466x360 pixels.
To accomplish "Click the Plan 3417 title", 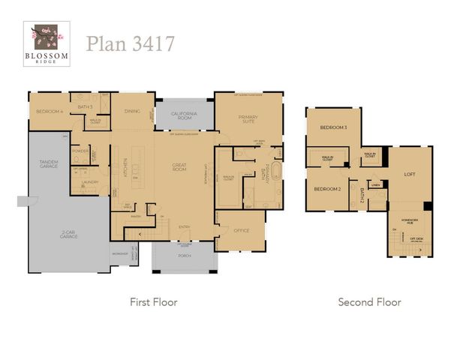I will (x=131, y=43).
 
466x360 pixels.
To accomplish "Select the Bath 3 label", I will (x=85, y=106).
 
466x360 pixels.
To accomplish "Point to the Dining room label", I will (x=132, y=111).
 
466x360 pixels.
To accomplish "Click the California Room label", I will (x=183, y=115).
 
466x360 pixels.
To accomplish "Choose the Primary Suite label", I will (x=248, y=119).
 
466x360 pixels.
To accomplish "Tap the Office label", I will (x=241, y=230).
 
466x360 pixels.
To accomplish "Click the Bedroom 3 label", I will (x=333, y=127).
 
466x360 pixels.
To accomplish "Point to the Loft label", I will (x=410, y=173).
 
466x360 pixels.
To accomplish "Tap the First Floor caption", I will (x=154, y=302).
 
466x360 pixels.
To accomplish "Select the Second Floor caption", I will (x=369, y=302).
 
